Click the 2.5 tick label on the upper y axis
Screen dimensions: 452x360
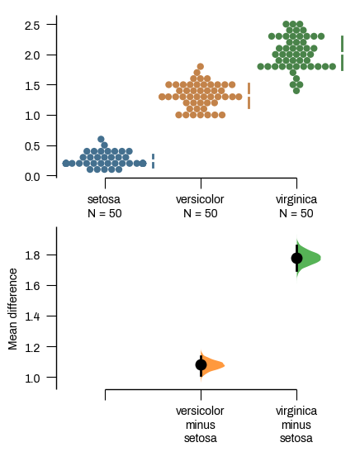pos(32,25)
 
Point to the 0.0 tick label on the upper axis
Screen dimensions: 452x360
pos(32,176)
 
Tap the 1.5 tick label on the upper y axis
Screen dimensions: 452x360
pos(32,85)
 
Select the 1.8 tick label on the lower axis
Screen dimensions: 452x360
pos(32,255)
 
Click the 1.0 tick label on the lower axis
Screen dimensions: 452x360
pos(32,378)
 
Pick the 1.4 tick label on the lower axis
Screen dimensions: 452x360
pos(32,316)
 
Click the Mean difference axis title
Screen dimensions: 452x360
pos(12,310)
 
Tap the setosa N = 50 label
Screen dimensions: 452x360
pos(104,207)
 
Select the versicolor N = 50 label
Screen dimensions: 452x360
pos(200,207)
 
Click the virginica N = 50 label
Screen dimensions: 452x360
pos(296,207)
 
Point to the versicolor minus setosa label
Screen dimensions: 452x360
pos(201,424)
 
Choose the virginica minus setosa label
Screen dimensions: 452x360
pos(296,424)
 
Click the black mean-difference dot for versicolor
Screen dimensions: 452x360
pos(201,364)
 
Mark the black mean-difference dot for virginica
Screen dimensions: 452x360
pos(297,258)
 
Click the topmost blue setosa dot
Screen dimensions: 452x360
pos(101,140)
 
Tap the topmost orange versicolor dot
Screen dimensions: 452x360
pos(200,66)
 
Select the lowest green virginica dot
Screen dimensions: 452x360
pos(296,90)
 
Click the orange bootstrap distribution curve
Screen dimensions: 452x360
pos(212,364)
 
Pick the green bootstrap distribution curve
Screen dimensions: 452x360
pos(309,258)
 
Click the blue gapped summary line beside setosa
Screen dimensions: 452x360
pos(153,161)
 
